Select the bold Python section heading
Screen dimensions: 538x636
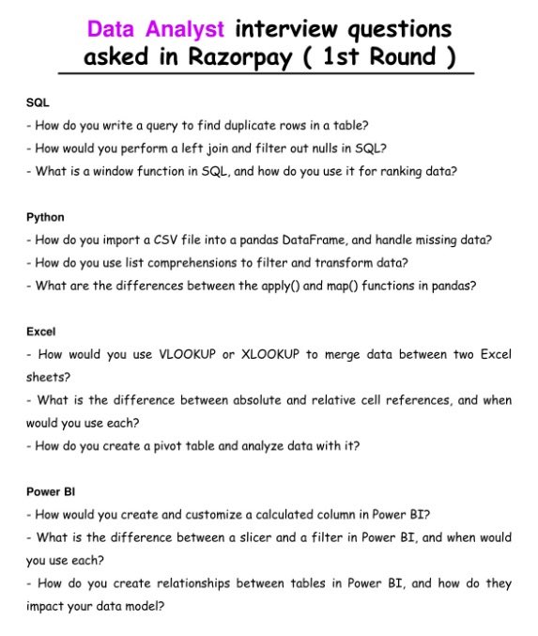[x=45, y=217]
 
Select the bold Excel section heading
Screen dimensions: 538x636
[x=41, y=332]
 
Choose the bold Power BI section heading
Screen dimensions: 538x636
[x=49, y=491]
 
